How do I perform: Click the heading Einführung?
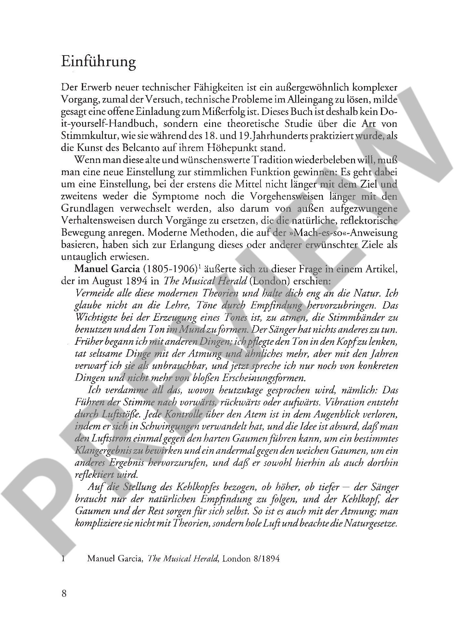(x=98, y=62)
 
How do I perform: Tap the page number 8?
(x=64, y=594)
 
